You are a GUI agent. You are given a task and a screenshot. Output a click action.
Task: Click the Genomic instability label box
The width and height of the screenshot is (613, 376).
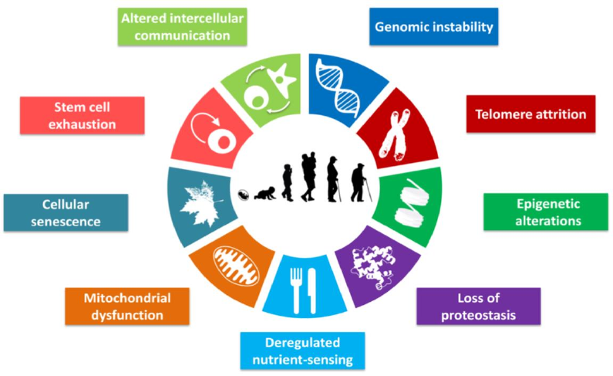coord(433,26)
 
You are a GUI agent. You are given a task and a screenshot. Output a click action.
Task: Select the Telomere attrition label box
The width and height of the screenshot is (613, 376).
coord(530,113)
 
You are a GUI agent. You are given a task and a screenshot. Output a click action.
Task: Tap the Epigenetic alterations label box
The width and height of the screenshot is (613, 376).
coord(546,212)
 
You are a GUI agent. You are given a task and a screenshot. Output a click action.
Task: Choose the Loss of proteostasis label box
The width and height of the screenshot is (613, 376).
coord(479,307)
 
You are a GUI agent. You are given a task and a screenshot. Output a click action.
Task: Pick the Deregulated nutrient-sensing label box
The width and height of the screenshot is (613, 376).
coord(302,351)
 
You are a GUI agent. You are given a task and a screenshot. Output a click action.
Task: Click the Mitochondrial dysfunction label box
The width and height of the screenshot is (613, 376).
coord(127,307)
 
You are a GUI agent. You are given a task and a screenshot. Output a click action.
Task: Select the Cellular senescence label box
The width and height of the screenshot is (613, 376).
coord(66,212)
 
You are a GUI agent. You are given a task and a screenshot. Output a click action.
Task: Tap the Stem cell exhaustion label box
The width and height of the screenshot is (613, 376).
coord(82,115)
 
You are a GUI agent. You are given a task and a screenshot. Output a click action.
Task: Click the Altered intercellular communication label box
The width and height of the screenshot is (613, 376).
coord(182,26)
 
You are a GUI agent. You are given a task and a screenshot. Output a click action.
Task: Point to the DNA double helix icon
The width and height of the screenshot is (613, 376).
coord(338,89)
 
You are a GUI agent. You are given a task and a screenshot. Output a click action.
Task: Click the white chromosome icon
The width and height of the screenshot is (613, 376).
coord(396,135)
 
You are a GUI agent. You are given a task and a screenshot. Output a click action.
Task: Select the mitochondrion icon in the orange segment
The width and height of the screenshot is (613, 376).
coord(236,266)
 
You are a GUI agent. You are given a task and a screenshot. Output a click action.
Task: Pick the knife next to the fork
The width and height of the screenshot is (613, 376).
coord(312,290)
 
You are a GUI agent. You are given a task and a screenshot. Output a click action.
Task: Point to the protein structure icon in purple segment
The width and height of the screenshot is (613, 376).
coord(372,267)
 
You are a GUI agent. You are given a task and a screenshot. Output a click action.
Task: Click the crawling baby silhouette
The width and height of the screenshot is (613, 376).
coord(264,193)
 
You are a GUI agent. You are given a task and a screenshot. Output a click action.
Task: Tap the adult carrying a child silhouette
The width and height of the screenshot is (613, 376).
coord(308,177)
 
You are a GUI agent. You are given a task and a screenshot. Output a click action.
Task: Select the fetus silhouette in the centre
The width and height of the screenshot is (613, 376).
coord(244,195)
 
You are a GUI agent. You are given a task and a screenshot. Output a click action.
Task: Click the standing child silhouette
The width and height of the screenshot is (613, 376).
coord(288,183)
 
